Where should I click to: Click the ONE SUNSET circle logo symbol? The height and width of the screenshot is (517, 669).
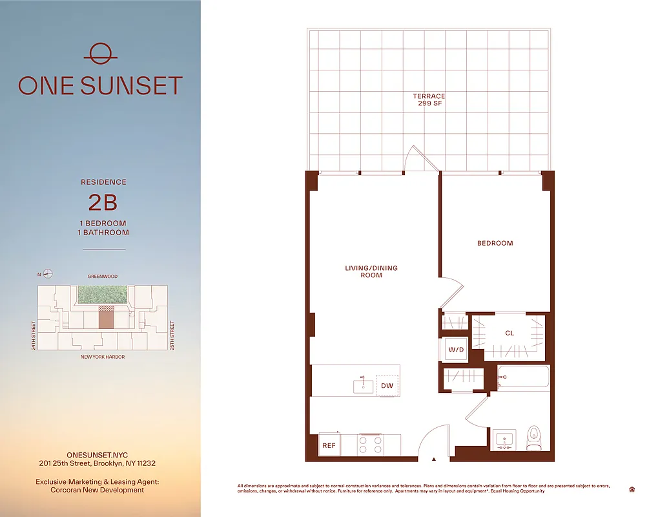[100, 53]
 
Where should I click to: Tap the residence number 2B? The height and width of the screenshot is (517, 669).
[103, 203]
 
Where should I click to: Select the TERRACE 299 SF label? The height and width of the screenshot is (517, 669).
[429, 100]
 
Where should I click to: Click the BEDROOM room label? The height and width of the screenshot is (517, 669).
[495, 244]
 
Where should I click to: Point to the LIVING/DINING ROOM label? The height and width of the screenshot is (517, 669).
[371, 271]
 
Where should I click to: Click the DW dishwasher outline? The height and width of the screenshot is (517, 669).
[387, 386]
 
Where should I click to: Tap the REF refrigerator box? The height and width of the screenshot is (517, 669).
[329, 445]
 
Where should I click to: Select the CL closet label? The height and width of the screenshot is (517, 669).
[509, 333]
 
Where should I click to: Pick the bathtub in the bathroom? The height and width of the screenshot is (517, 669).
[523, 377]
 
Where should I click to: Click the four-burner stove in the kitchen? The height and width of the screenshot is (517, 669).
[371, 445]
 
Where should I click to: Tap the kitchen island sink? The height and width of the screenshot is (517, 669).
[363, 386]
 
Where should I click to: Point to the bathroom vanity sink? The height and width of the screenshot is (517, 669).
[505, 439]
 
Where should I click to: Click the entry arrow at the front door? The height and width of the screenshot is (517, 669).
[434, 459]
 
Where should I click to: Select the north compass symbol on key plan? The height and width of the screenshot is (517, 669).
[47, 274]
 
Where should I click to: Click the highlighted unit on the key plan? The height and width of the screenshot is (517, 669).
[106, 317]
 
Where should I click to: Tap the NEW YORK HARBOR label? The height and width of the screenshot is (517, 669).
[103, 357]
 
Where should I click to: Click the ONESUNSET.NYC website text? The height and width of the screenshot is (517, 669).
[95, 454]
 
